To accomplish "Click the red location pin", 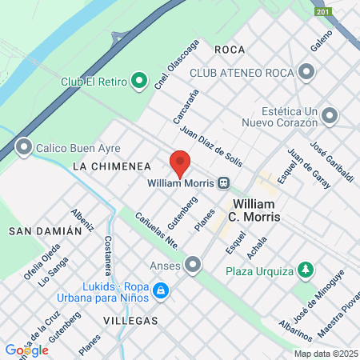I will [x=180, y=162].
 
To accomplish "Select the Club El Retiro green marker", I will [x=139, y=81].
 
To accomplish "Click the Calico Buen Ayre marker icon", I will [x=24, y=146].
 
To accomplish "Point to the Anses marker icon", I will [x=193, y=264].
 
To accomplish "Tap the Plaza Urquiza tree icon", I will [x=304, y=270].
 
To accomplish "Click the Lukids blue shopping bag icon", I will [x=161, y=290].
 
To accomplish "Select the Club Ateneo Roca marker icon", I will [x=306, y=73].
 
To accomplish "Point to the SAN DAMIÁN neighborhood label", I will [x=45, y=230].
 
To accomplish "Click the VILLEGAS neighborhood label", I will [x=130, y=320].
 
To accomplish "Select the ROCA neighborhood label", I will [x=230, y=50].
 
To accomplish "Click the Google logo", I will [x=26, y=350].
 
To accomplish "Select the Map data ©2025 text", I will [x=325, y=354].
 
